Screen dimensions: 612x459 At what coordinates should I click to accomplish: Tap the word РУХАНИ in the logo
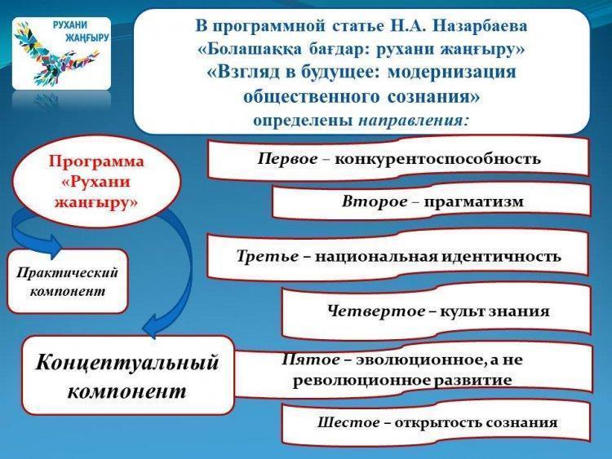(x=70, y=25)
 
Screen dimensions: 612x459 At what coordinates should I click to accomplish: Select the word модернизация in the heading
(x=451, y=72)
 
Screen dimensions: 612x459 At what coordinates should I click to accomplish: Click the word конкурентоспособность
(x=437, y=159)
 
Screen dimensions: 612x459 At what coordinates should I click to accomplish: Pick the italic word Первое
(x=288, y=159)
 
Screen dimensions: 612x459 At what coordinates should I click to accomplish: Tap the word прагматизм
(x=473, y=202)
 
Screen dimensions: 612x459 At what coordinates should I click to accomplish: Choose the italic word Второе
(x=375, y=201)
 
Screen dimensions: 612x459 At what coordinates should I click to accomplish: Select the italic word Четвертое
(x=377, y=311)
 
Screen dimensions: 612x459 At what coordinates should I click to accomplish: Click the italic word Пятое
(x=311, y=360)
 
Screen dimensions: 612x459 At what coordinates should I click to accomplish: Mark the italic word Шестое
(x=348, y=422)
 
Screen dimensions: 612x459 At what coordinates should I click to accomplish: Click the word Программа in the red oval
(x=96, y=161)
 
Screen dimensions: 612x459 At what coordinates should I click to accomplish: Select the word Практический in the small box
(x=67, y=272)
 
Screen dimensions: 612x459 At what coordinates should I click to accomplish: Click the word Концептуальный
(x=126, y=362)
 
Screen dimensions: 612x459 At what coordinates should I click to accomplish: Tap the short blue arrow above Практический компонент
(x=34, y=234)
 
